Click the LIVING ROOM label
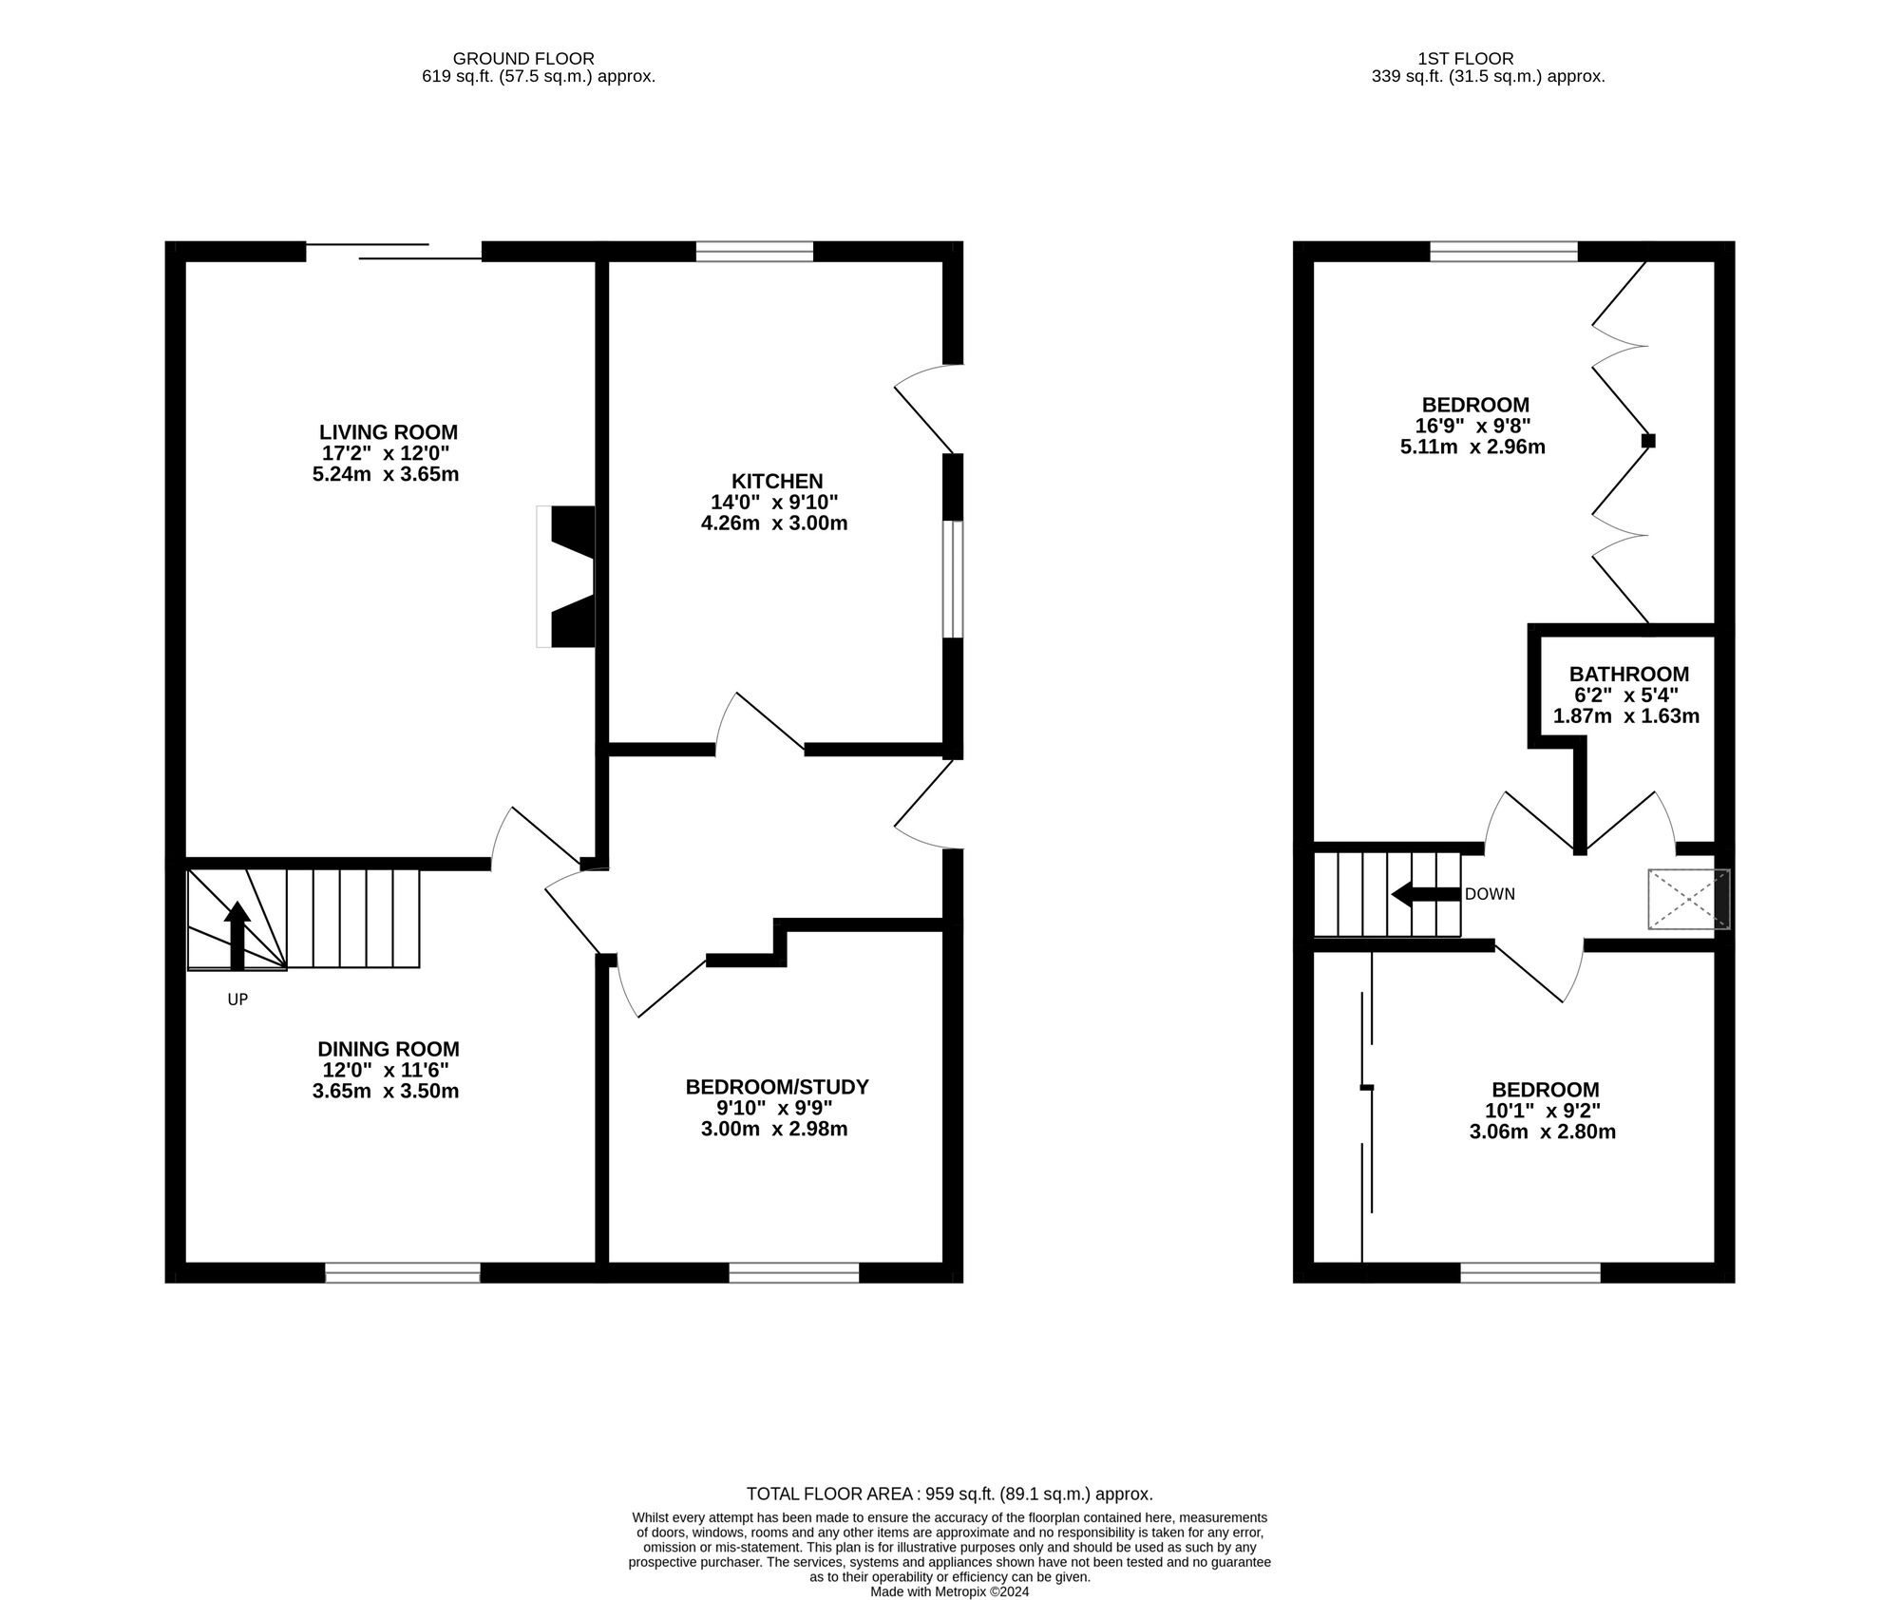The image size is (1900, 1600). (388, 432)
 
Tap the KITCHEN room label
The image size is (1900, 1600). (777, 482)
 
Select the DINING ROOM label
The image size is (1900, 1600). (388, 1049)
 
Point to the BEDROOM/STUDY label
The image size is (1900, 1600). (777, 1087)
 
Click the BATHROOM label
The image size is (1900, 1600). (1628, 675)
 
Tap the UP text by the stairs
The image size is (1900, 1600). (237, 1000)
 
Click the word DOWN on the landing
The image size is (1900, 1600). (1490, 894)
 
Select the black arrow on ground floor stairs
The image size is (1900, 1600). (237, 936)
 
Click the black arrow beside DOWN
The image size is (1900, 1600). (1425, 894)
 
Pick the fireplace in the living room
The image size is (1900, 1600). (566, 577)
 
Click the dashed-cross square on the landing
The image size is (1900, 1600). (1689, 899)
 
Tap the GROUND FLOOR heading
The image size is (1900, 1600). (523, 59)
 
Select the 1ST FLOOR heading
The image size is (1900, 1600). (1488, 59)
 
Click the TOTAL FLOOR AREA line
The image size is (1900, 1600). (950, 1494)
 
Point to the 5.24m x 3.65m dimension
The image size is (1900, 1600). (386, 474)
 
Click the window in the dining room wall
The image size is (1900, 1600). (403, 1273)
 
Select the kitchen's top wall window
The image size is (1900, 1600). (755, 251)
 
